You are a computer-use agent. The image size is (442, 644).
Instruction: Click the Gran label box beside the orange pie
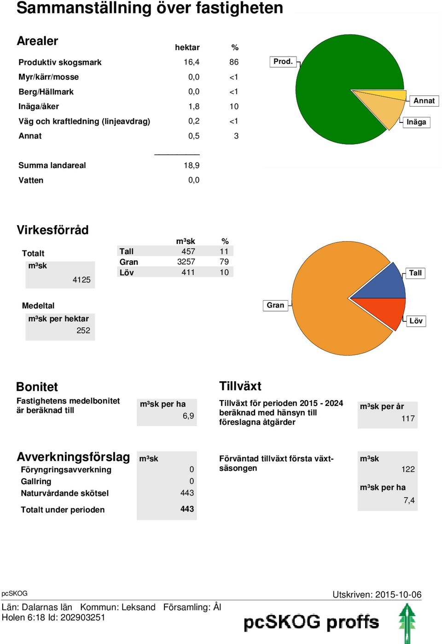pyautogui.click(x=275, y=305)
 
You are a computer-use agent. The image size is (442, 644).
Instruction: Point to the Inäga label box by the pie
pyautogui.click(x=416, y=122)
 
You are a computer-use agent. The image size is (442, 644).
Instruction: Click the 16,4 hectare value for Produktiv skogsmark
pyautogui.click(x=192, y=62)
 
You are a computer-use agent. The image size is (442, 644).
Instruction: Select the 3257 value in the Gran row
pyautogui.click(x=186, y=261)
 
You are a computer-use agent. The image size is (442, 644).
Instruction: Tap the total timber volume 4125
pyautogui.click(x=81, y=279)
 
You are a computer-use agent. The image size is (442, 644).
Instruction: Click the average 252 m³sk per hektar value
pyautogui.click(x=83, y=331)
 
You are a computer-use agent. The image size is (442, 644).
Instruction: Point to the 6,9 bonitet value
pyautogui.click(x=188, y=416)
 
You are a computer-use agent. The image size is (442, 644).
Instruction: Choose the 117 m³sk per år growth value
pyautogui.click(x=408, y=418)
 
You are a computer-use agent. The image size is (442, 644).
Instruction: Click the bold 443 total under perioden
pyautogui.click(x=187, y=509)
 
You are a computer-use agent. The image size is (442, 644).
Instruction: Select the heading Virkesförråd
pyautogui.click(x=52, y=230)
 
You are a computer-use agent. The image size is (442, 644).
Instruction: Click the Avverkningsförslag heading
pyautogui.click(x=73, y=457)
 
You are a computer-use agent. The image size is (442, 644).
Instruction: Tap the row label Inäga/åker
pyautogui.click(x=39, y=106)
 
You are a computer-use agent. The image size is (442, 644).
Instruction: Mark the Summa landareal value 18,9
pyautogui.click(x=192, y=165)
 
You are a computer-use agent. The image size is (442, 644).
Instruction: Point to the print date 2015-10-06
pyautogui.click(x=398, y=595)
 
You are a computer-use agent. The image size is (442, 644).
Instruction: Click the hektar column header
pyautogui.click(x=187, y=47)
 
